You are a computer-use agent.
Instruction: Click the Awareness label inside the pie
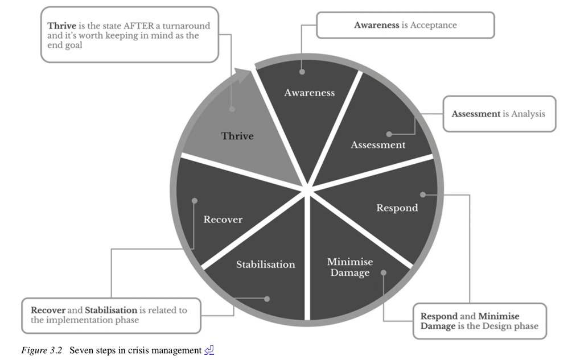pyautogui.click(x=309, y=93)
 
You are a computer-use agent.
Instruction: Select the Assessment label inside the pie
pyautogui.click(x=378, y=145)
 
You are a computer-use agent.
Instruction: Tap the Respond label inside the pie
pyautogui.click(x=397, y=208)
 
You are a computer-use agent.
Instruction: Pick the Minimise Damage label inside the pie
pyautogui.click(x=349, y=267)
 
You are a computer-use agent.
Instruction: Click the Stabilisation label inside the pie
pyautogui.click(x=266, y=264)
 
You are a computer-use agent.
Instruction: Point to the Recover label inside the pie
pyautogui.click(x=223, y=220)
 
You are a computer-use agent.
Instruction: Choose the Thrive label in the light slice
pyautogui.click(x=237, y=136)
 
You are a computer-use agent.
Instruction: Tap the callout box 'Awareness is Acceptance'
pyautogui.click(x=405, y=26)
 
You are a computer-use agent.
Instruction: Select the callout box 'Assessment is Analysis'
pyautogui.click(x=499, y=114)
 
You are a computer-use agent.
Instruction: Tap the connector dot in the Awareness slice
pyautogui.click(x=302, y=72)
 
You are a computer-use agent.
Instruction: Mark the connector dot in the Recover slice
pyautogui.click(x=195, y=201)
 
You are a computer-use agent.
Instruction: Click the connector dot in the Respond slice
pyautogui.click(x=422, y=194)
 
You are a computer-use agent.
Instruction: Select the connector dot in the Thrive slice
pyautogui.click(x=232, y=109)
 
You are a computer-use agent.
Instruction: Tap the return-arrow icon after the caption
pyautogui.click(x=209, y=350)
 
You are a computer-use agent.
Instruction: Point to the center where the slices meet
pyautogui.click(x=307, y=188)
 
